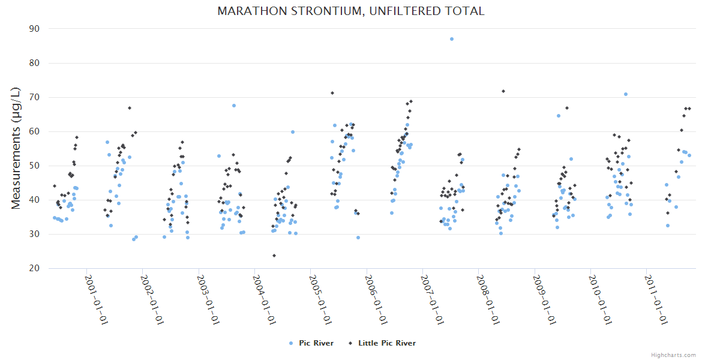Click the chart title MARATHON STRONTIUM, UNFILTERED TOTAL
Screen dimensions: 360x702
coord(351,11)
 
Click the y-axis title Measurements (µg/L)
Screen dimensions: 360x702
coord(17,148)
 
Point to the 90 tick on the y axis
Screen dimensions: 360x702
coord(34,29)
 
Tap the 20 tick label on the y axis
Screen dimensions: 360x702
coord(34,268)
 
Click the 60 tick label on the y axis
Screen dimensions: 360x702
coord(34,131)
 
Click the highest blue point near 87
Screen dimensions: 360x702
coord(452,39)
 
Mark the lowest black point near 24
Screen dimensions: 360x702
coord(274,256)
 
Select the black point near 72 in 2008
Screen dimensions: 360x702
coord(503,91)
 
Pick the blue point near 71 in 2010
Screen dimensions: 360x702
coord(626,94)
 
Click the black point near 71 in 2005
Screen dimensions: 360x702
coord(332,93)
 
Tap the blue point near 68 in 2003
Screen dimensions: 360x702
coord(234,106)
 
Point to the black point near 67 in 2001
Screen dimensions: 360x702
coord(130,108)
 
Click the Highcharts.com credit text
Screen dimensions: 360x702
coord(673,355)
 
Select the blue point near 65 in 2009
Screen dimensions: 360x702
coord(559,116)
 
